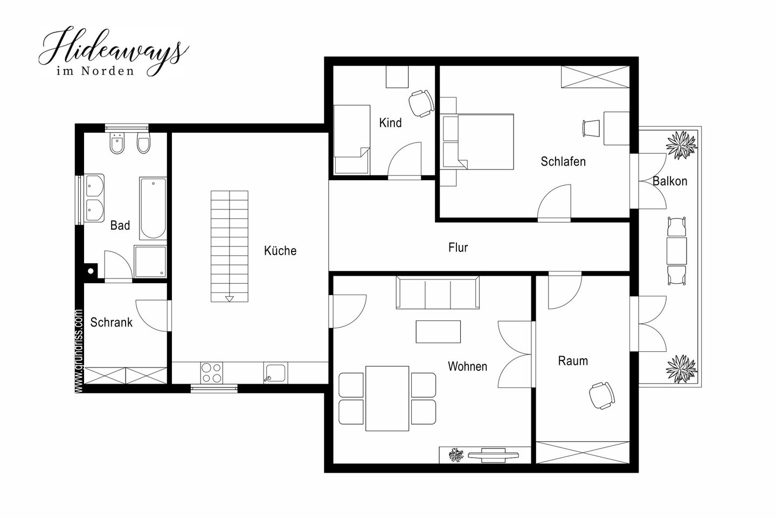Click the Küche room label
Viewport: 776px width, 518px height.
point(280,250)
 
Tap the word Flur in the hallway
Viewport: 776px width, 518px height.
point(458,247)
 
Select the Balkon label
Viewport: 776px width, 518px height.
point(670,181)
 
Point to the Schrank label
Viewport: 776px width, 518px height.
point(111,322)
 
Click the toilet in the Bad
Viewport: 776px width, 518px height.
point(143,142)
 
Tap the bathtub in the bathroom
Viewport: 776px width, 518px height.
point(153,208)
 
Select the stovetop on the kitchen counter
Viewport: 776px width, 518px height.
point(212,373)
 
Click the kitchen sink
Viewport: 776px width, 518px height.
point(275,373)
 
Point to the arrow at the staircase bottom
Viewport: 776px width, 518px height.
point(230,299)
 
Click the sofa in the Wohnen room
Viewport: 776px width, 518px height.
point(438,292)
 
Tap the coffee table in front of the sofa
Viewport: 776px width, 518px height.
point(438,332)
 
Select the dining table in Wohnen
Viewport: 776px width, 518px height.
point(387,398)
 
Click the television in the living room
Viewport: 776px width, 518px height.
point(493,455)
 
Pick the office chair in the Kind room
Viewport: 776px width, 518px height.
point(421,104)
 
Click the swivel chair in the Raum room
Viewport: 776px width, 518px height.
point(602,396)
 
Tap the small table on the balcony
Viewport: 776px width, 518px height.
point(677,250)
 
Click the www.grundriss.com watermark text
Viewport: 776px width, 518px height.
point(79,351)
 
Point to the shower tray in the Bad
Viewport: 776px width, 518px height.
point(150,262)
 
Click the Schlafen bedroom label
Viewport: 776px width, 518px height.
point(563,161)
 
